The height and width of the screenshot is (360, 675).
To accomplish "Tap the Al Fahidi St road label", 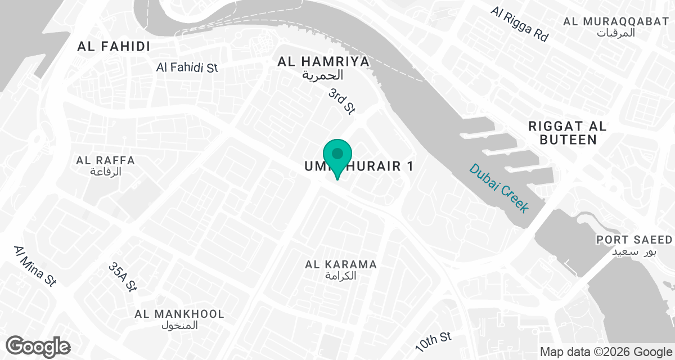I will pos(187,67).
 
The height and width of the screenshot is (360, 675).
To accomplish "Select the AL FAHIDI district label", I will pos(114,47).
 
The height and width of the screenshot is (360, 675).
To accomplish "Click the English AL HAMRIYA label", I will pos(323,61).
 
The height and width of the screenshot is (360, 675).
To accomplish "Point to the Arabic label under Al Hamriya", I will pos(323,75).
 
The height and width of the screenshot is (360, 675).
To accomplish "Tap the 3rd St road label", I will pos(341,101).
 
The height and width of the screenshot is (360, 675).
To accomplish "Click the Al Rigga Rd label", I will pos(519,24).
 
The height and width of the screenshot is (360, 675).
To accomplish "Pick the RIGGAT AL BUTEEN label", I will pos(568,133).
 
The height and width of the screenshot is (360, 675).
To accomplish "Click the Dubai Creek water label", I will pos(499,188).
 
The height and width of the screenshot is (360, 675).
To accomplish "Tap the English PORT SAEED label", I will pos(634,240).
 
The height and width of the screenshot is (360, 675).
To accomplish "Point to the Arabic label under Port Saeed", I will pos(634,251).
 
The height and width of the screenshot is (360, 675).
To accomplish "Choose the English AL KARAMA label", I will pos(341,264).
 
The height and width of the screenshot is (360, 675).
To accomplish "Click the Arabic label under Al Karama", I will pos(341,276).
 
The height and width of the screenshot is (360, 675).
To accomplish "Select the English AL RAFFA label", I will pos(106,160).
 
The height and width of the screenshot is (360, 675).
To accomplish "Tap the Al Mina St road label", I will pos(35,266).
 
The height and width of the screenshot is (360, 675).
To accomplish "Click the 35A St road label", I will pos(123,277).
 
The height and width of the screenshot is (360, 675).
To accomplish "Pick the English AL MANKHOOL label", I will pos(179,314).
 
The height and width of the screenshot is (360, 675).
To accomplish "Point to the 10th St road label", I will pos(433,340).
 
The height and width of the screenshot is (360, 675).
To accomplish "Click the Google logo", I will pos(38,345).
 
